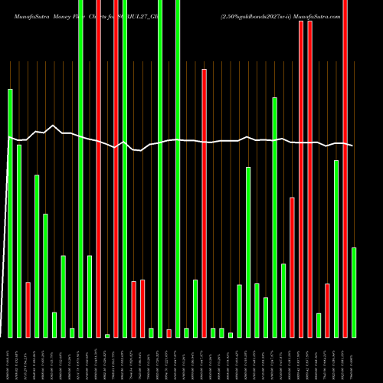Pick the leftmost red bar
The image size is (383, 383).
coord(28,309)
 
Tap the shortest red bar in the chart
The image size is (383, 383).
coord(169,333)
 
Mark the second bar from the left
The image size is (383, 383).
coord(19,241)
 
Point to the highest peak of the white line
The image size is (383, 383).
coord(53,126)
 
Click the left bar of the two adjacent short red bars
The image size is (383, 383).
coord(133,309)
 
